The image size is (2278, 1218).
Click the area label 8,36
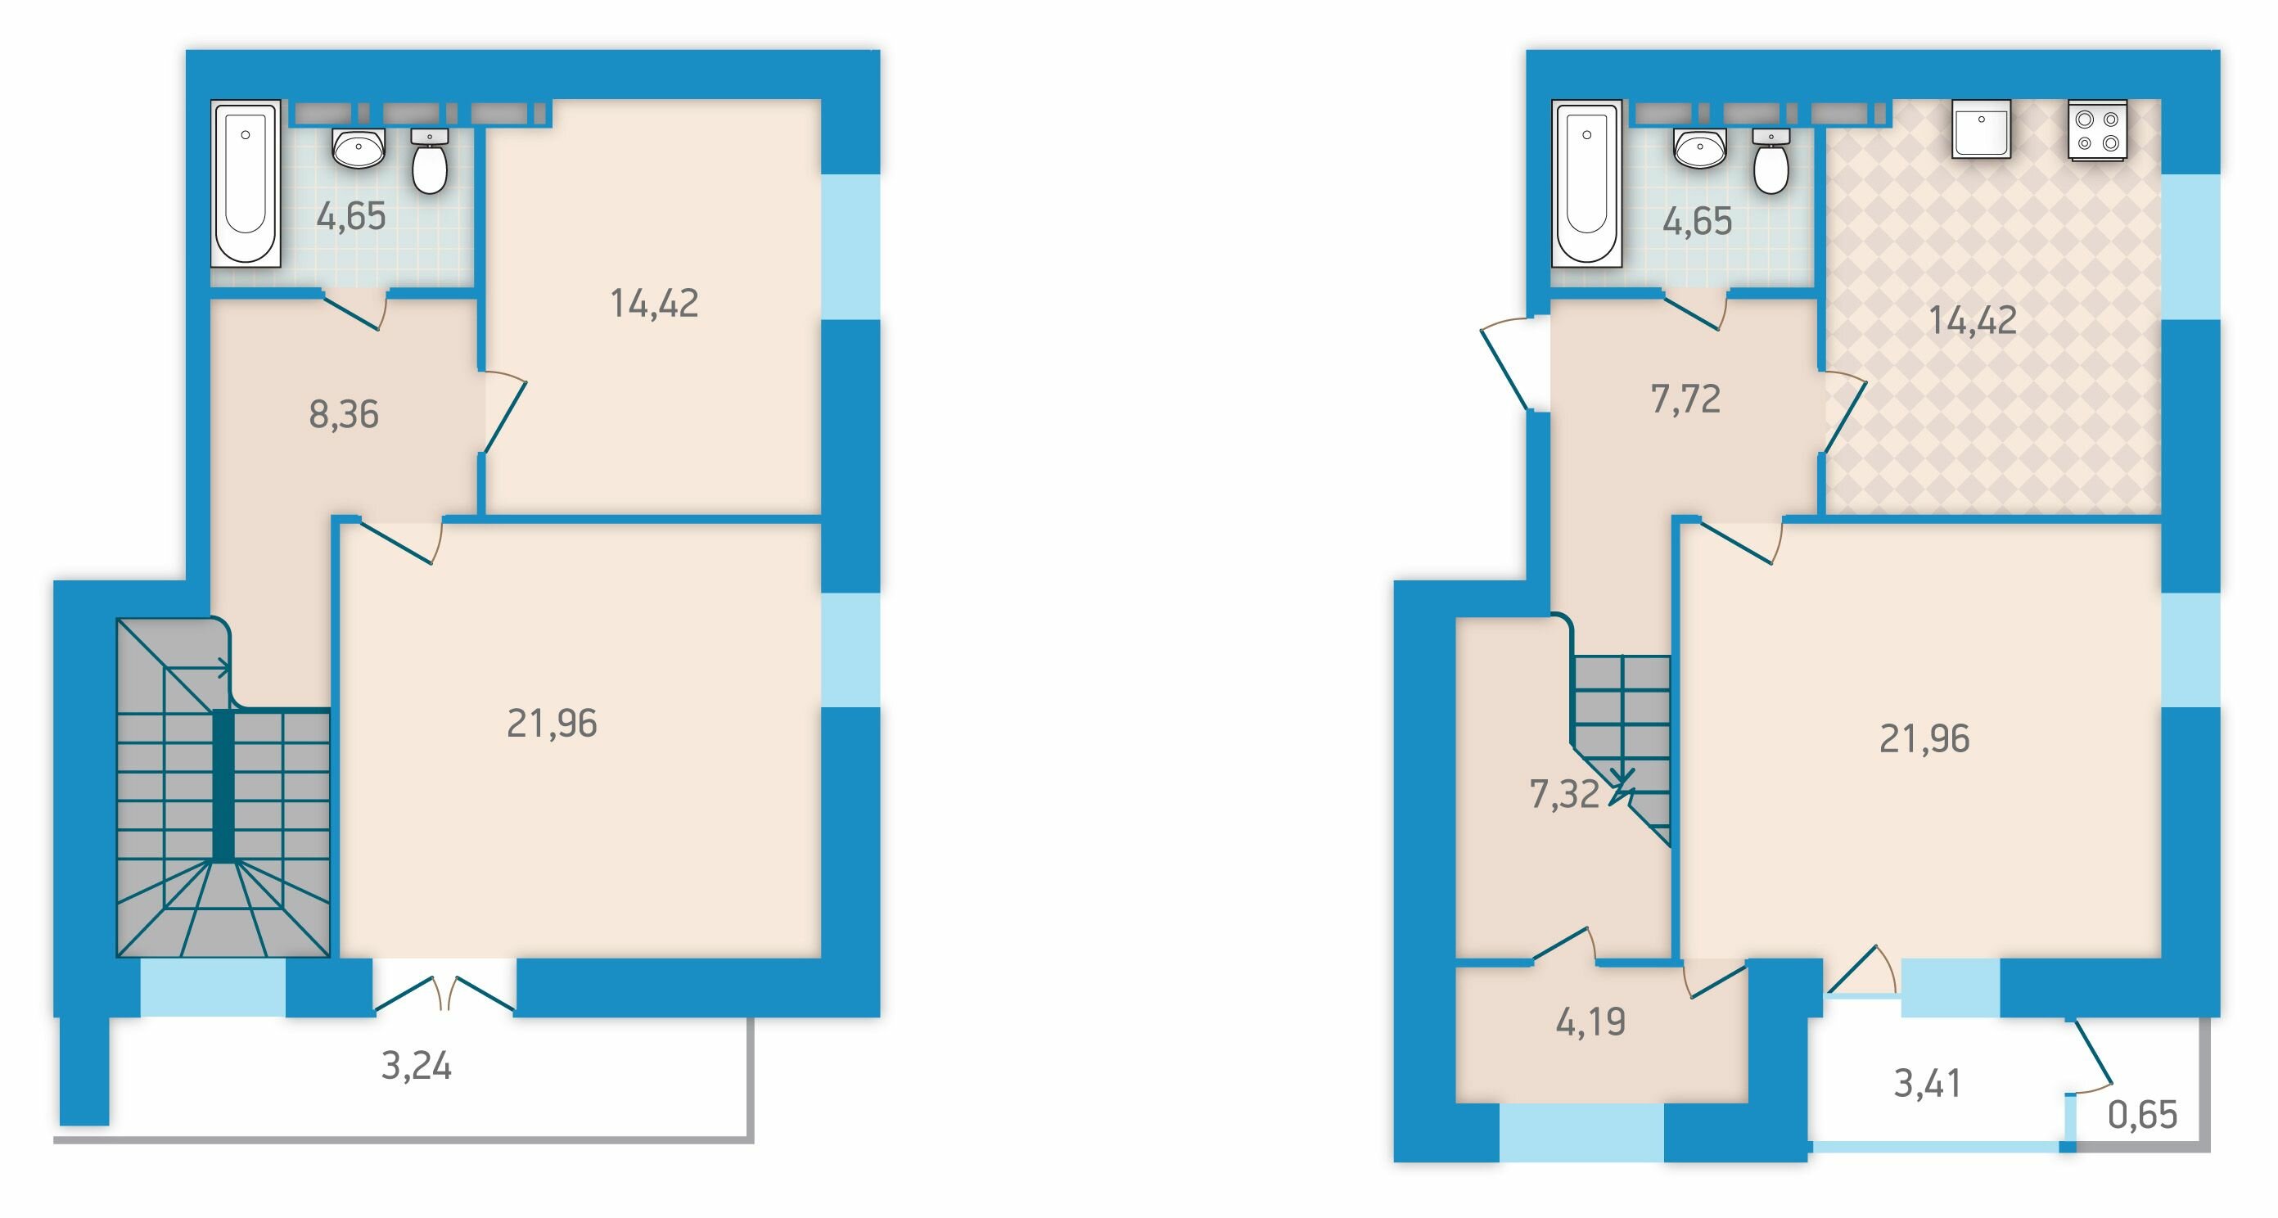[344, 414]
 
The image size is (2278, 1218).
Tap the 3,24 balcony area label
[417, 1067]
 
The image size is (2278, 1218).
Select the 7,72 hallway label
[1685, 399]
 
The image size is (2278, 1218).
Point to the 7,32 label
[1564, 794]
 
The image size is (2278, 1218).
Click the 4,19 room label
[1590, 1022]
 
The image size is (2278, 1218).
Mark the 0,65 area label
[2143, 1116]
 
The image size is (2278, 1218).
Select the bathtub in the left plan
[246, 183]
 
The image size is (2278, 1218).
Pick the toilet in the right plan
[1771, 161]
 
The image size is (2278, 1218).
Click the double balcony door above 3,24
[444, 995]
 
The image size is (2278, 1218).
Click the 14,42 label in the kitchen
[1973, 320]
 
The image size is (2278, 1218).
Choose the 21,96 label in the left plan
[552, 724]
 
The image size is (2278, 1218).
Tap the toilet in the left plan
[430, 161]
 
